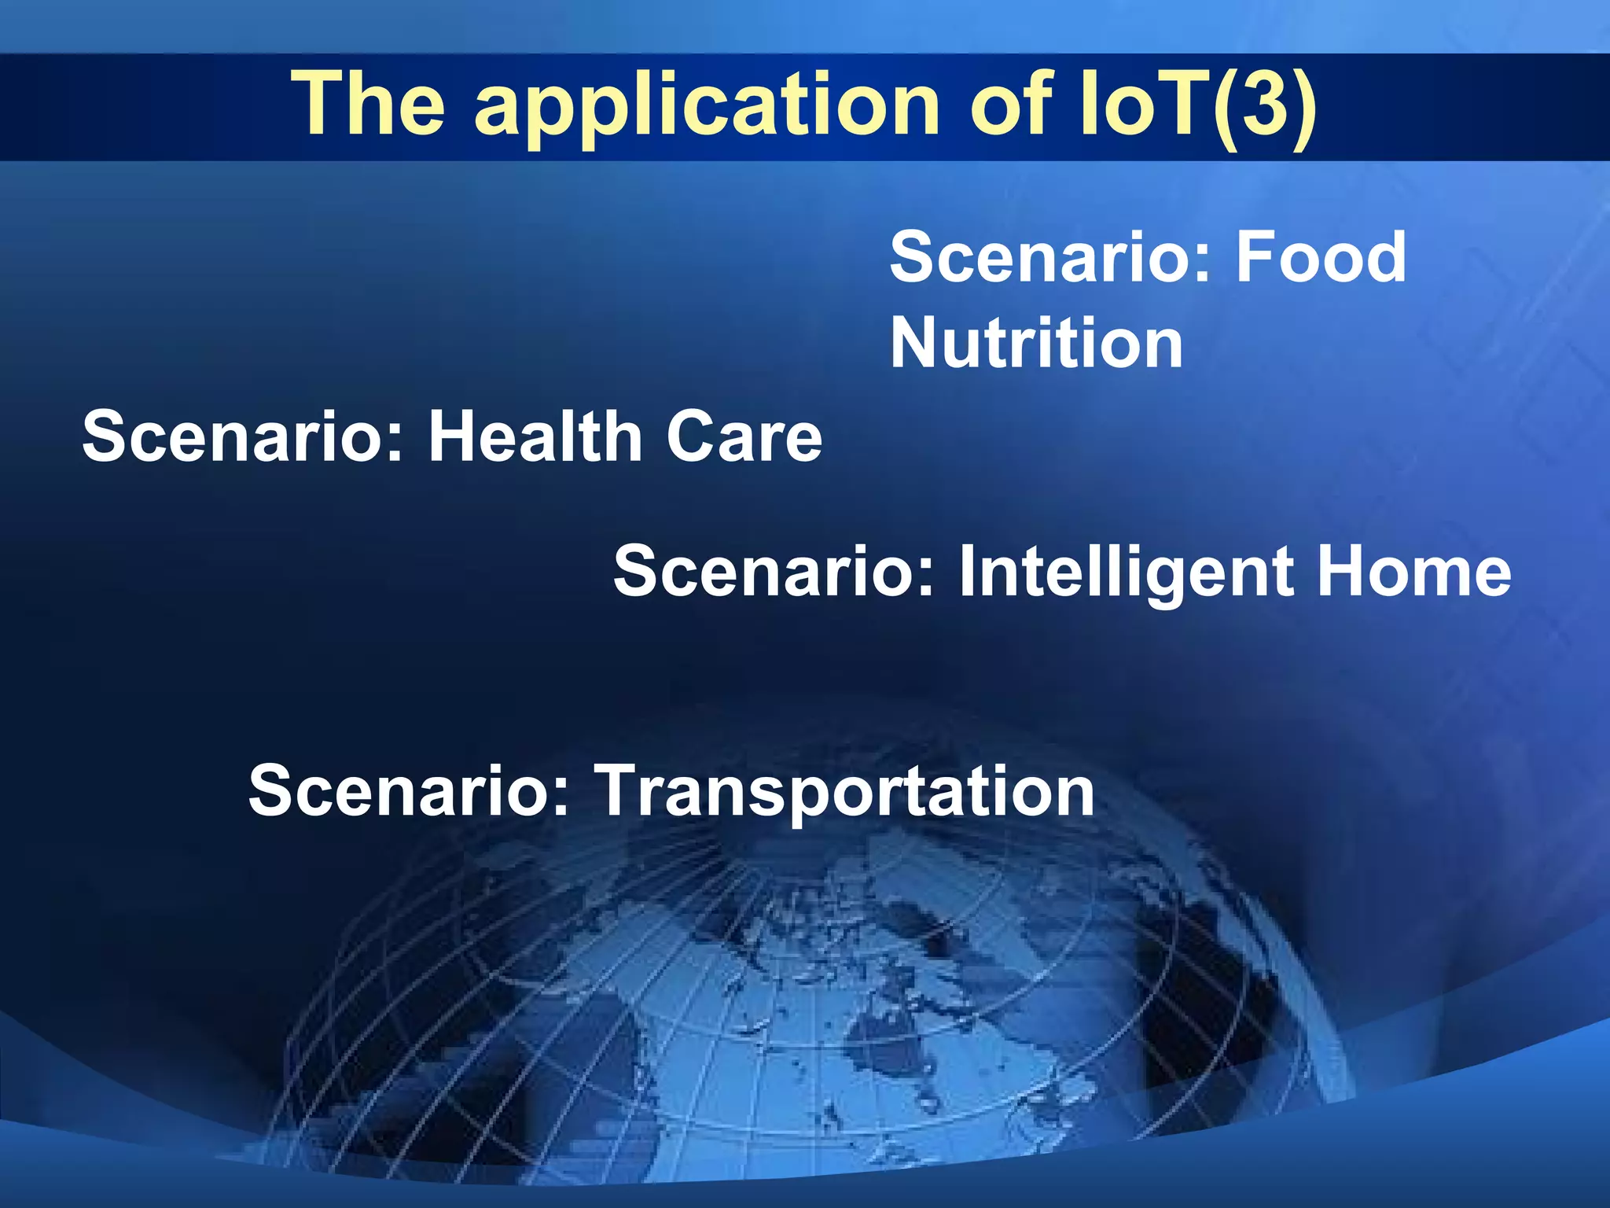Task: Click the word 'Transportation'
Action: (x=844, y=791)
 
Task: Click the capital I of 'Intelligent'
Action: (x=968, y=572)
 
